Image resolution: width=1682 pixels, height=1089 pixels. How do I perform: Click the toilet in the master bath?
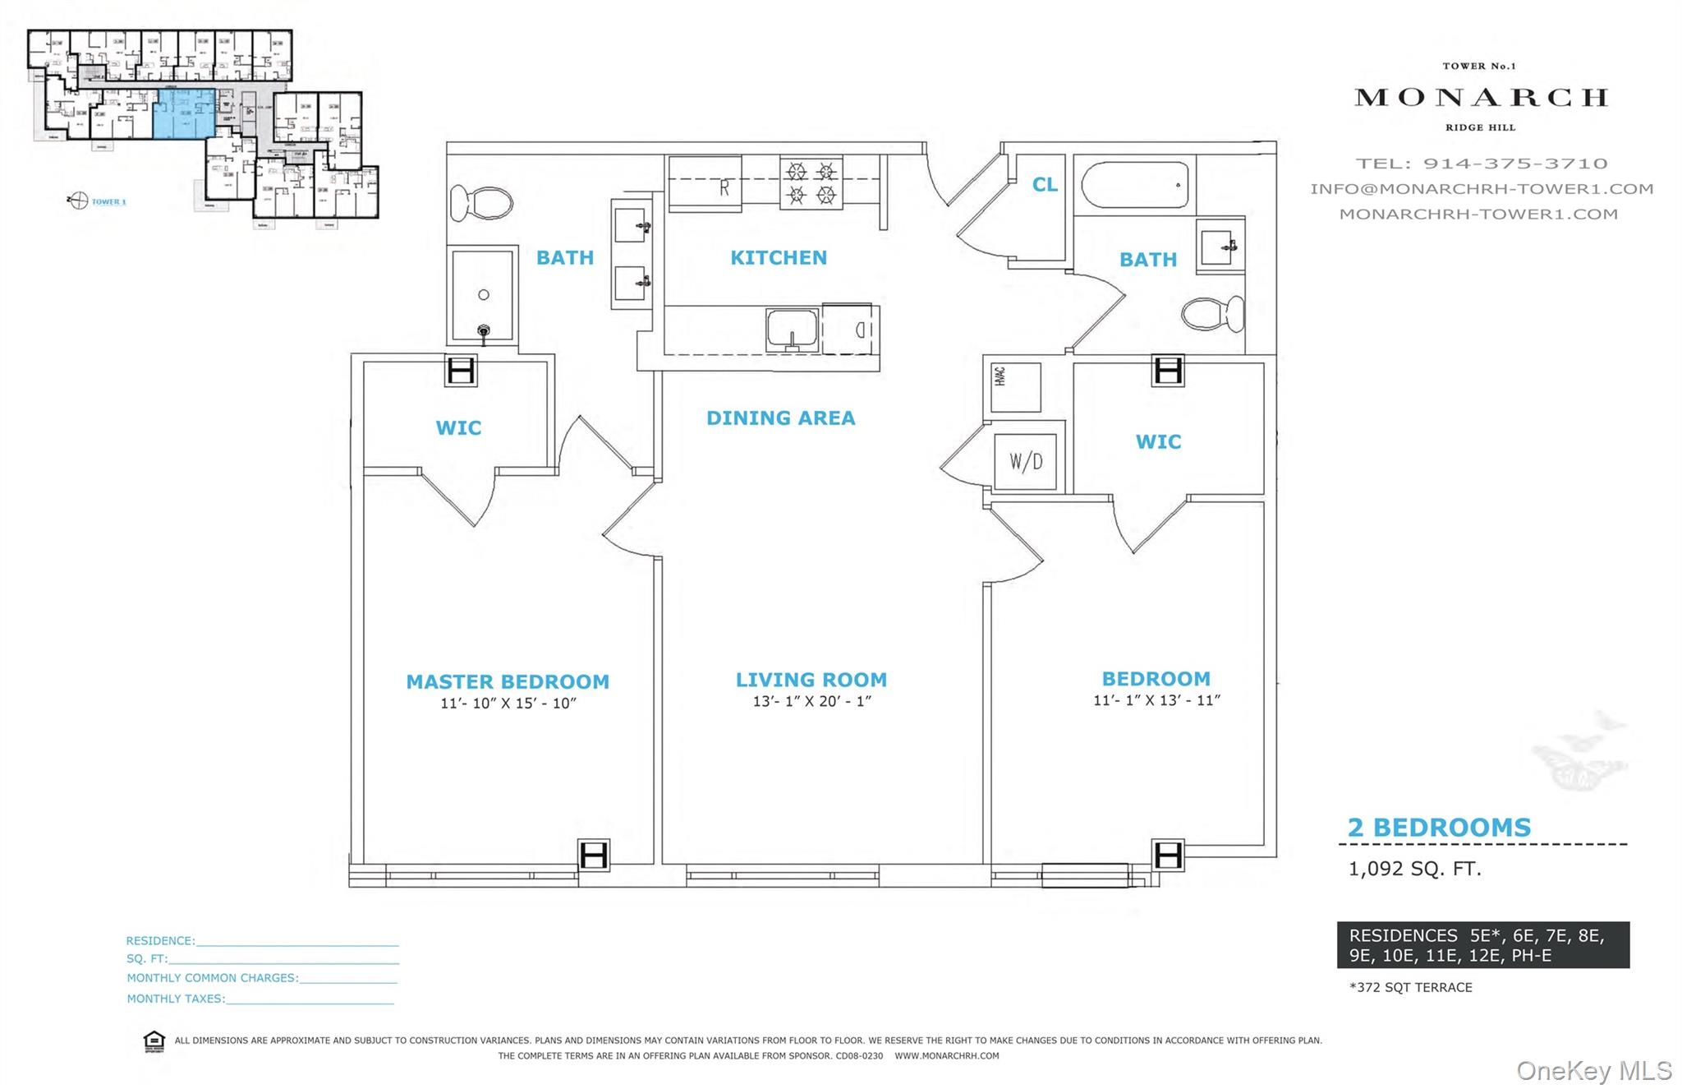click(x=482, y=203)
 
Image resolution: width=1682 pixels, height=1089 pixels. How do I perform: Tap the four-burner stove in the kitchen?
click(x=811, y=183)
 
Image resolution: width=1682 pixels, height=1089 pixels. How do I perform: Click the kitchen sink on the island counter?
click(x=792, y=330)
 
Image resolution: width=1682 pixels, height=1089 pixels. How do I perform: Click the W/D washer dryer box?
click(x=1026, y=461)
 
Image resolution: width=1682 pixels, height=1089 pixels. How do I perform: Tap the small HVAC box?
click(x=1015, y=386)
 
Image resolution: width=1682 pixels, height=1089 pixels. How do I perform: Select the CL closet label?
click(x=1045, y=185)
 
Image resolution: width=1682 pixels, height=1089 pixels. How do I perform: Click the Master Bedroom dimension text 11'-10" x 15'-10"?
click(x=508, y=704)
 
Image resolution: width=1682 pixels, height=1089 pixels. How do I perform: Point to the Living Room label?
click(x=811, y=680)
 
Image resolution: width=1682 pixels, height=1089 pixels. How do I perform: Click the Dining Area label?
click(x=780, y=418)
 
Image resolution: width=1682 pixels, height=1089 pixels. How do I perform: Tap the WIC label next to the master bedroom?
click(x=458, y=428)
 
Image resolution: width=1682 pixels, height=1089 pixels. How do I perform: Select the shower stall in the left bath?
click(x=483, y=296)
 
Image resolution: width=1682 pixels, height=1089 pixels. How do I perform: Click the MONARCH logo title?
click(x=1480, y=98)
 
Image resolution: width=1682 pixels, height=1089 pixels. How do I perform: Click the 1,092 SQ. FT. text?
click(x=1414, y=869)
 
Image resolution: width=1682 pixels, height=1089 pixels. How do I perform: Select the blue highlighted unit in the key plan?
click(x=185, y=114)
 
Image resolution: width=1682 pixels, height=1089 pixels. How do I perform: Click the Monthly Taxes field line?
click(x=309, y=999)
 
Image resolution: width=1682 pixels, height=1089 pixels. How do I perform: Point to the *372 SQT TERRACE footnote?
click(x=1410, y=988)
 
